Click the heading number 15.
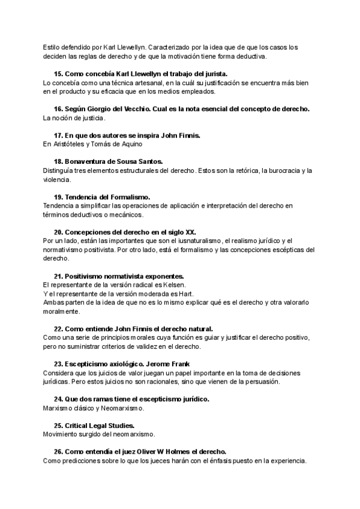click(x=58, y=74)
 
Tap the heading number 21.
click(x=58, y=276)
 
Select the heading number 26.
click(x=58, y=451)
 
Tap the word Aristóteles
click(x=73, y=144)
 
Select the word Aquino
click(x=130, y=144)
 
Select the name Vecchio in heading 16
click(x=146, y=109)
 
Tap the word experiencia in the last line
click(x=287, y=460)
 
